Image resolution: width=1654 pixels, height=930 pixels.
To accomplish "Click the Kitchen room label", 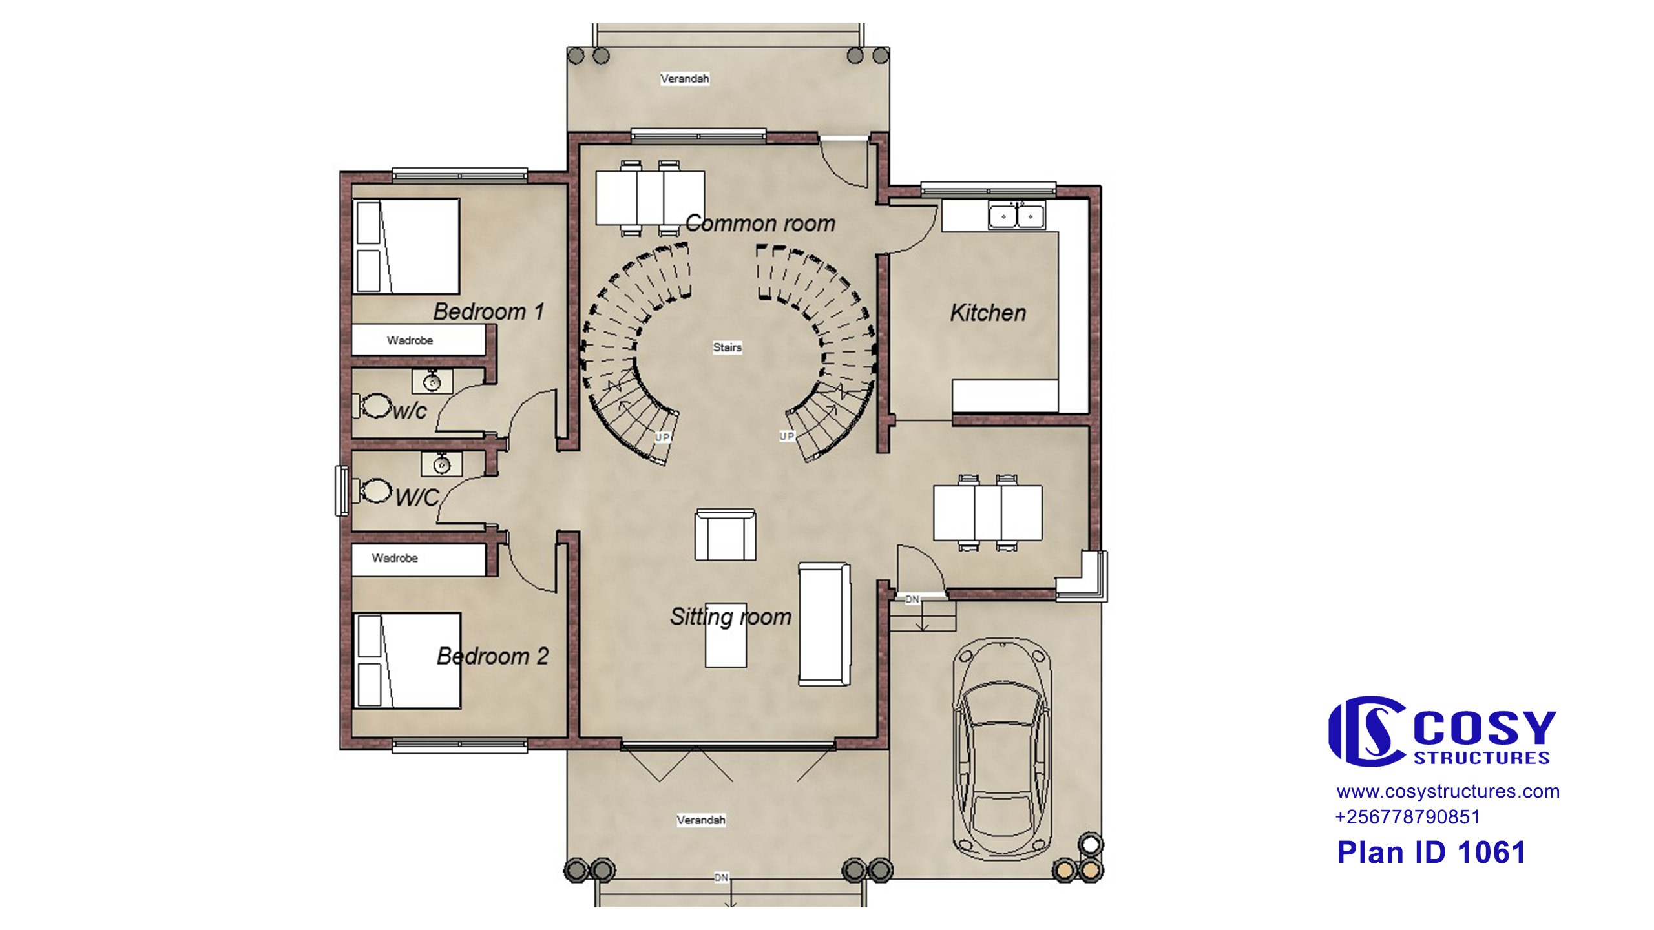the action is (988, 313).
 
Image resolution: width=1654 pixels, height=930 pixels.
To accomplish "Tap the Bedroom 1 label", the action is (488, 312).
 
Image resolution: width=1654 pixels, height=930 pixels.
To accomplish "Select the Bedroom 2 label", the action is (492, 656).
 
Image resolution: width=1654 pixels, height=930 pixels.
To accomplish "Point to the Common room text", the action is (760, 223).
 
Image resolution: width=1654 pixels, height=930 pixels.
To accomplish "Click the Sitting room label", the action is (731, 617).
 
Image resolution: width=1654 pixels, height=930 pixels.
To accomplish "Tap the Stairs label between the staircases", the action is (728, 347).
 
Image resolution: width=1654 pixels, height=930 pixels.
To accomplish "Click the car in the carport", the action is (1002, 749).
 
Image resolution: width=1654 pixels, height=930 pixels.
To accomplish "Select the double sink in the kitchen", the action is (1016, 216).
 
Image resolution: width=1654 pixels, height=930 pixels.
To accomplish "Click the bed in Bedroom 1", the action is (406, 246).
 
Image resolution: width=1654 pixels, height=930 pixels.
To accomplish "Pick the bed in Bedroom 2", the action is (407, 661).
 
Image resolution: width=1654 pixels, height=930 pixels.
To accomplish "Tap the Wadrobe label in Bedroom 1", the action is (410, 340).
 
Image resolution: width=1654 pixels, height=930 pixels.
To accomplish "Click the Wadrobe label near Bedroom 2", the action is (395, 558).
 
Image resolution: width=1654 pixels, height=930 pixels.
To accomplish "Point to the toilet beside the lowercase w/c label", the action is (373, 406).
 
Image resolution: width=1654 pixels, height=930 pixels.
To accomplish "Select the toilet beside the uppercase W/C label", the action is (373, 491).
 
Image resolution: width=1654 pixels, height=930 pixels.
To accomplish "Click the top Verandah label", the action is (685, 79).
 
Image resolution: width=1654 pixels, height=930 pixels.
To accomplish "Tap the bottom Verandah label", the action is (701, 820).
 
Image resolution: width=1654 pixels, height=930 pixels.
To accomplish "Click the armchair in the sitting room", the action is (726, 535).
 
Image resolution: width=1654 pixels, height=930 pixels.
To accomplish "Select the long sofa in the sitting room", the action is (824, 624).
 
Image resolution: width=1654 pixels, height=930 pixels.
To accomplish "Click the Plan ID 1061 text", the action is (1431, 852).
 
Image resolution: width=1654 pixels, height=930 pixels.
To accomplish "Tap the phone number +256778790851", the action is (1407, 817).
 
